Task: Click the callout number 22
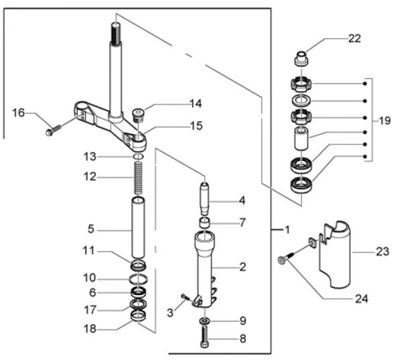(354, 38)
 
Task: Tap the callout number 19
(384, 121)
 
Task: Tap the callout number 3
(170, 312)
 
